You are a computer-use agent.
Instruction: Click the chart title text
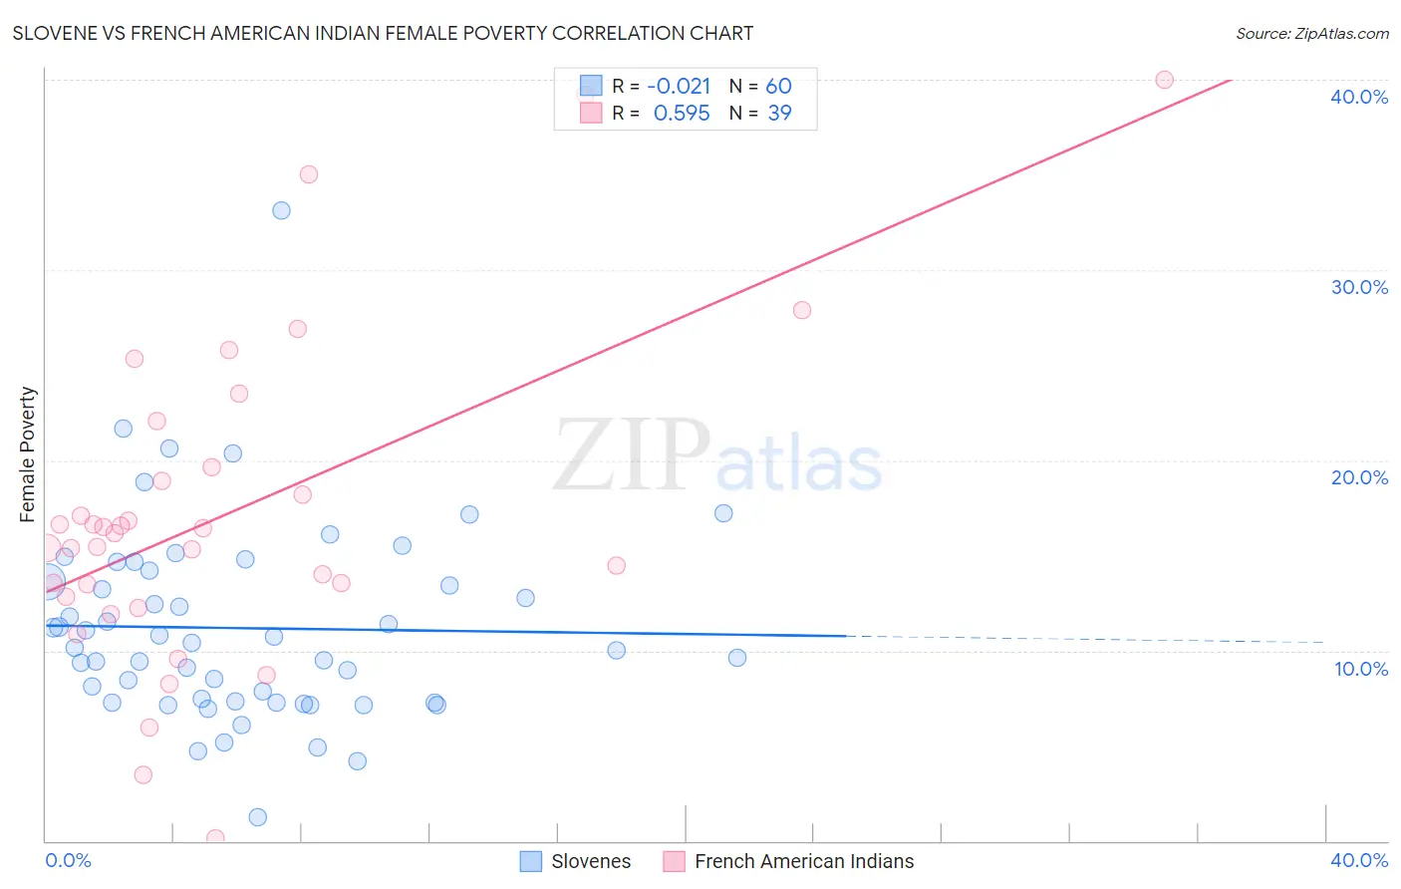pos(383,33)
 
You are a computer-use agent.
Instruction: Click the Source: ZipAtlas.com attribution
pos(1311,33)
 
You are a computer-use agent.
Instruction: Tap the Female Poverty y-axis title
pos(28,454)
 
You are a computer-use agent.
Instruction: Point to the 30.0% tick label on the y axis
pos(1359,287)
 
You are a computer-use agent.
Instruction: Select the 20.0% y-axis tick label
pos(1359,477)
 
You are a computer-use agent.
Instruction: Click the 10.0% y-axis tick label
pos(1360,669)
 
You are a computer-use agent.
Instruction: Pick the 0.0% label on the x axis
pos(68,860)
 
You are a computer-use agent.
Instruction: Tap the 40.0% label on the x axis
pos(1359,860)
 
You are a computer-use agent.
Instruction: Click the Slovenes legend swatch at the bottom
pos(531,861)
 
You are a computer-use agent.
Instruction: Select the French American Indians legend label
pos(803,861)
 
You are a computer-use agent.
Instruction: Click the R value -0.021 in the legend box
pos(679,87)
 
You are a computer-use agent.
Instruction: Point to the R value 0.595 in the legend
pos(682,114)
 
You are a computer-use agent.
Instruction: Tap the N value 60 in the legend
pos(778,87)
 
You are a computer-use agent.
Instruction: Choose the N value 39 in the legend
pos(779,114)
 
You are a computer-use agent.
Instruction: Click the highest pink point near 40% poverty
pos(1164,80)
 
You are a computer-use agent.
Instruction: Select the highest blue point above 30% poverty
pos(281,210)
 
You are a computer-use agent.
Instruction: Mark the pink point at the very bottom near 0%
pos(215,838)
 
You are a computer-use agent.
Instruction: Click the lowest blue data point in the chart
pos(257,817)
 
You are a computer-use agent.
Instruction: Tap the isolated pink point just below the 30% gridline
pos(802,310)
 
